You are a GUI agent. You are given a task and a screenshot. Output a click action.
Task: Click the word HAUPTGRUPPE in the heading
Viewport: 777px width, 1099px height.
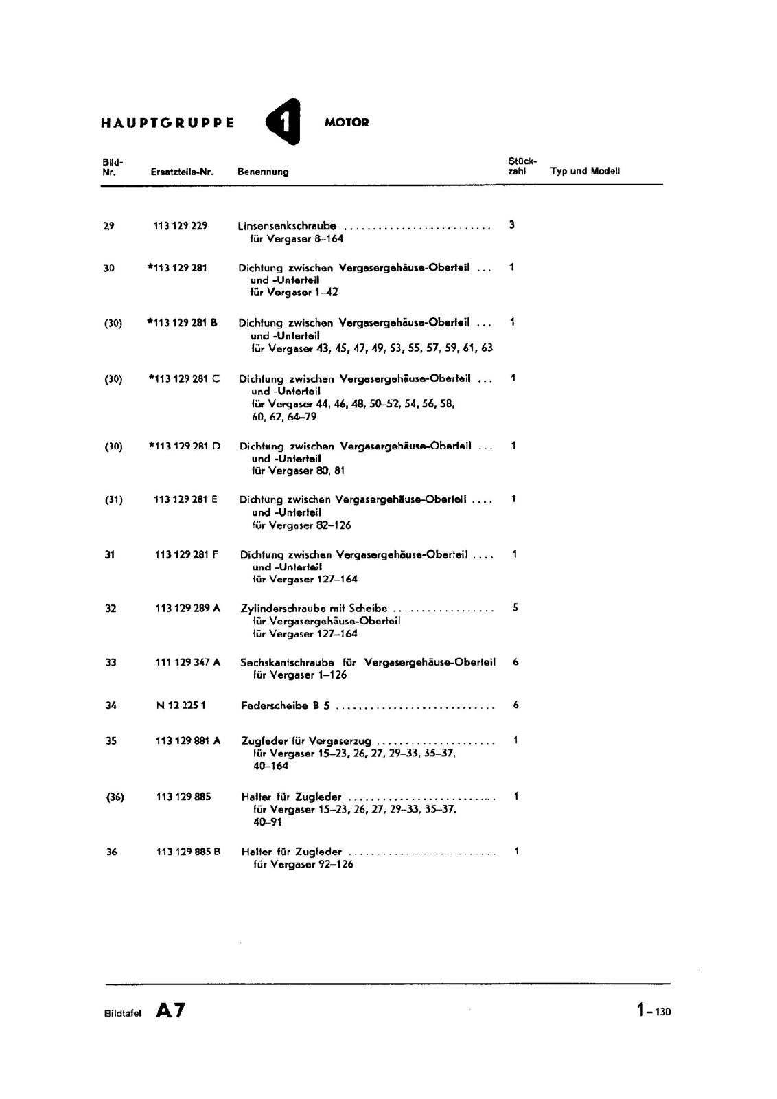pyautogui.click(x=167, y=123)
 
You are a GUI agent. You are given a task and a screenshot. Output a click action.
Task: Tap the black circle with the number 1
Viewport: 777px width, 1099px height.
pyautogui.click(x=284, y=122)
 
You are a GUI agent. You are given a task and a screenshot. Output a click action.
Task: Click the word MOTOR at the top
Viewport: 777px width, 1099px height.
pyautogui.click(x=347, y=123)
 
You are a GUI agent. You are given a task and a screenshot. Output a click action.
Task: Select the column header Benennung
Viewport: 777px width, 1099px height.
pyautogui.click(x=263, y=172)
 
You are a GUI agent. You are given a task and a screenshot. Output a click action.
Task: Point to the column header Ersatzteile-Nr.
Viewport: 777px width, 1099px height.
pyautogui.click(x=182, y=172)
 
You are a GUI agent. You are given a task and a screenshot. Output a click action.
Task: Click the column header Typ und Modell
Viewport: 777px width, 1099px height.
pyautogui.click(x=585, y=171)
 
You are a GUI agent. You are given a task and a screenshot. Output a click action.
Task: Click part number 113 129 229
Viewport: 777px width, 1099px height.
pyautogui.click(x=180, y=226)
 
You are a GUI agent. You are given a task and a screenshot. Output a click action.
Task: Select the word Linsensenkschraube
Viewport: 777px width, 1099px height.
pyautogui.click(x=287, y=226)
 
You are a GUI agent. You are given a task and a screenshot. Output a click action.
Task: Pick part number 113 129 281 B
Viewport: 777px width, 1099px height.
pyautogui.click(x=183, y=322)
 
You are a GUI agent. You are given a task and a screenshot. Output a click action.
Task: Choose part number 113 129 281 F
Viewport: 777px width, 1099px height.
pyautogui.click(x=187, y=554)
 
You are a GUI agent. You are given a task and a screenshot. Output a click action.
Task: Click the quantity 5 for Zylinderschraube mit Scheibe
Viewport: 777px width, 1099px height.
pyautogui.click(x=515, y=608)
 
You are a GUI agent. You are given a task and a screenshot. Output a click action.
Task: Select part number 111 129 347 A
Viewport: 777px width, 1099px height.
pyautogui.click(x=187, y=662)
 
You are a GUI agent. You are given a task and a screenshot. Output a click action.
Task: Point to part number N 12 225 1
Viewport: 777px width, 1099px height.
pyautogui.click(x=181, y=705)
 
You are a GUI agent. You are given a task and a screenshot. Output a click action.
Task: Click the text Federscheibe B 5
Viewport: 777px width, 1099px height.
pyautogui.click(x=286, y=705)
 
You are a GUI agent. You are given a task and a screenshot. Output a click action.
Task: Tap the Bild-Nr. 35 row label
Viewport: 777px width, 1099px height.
pyautogui.click(x=111, y=741)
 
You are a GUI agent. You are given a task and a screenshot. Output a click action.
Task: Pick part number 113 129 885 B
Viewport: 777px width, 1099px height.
pyautogui.click(x=188, y=852)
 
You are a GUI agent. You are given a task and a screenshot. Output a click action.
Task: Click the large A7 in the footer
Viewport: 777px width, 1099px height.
pyautogui.click(x=170, y=1010)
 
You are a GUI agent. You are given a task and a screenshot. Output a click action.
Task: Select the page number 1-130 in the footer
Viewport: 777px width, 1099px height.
pyautogui.click(x=653, y=1010)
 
